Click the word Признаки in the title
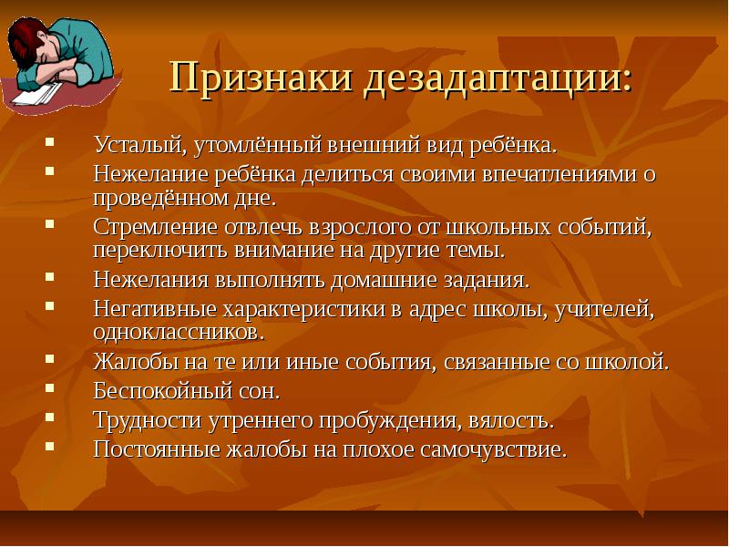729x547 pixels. tap(261, 77)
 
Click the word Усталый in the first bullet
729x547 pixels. tap(137, 145)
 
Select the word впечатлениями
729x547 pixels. tap(553, 174)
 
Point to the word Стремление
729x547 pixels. tap(155, 227)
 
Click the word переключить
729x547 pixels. tap(161, 251)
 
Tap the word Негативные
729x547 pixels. tap(155, 309)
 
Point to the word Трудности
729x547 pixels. tap(148, 420)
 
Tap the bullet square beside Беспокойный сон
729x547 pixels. tap(50, 388)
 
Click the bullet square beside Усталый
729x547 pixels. tap(50, 141)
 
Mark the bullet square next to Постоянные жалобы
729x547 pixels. tap(50, 447)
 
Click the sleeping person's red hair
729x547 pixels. tap(25, 39)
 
